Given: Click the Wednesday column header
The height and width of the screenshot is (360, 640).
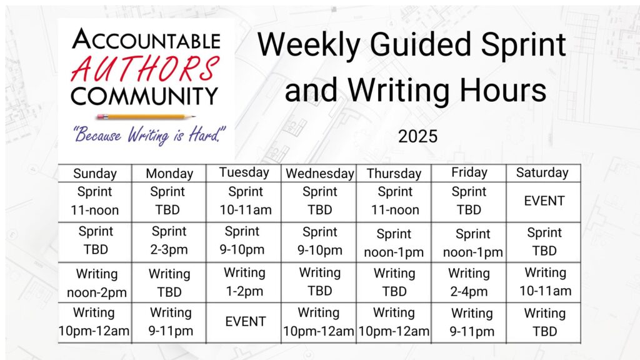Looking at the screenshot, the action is (x=319, y=174).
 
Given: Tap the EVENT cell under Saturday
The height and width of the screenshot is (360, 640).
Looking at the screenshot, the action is (x=544, y=201).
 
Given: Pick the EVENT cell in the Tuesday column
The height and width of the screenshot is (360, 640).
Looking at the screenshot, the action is (x=245, y=322).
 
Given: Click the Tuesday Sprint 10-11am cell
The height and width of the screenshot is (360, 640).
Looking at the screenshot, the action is (x=245, y=201).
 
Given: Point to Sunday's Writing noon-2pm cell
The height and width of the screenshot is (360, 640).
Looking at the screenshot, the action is (x=97, y=283).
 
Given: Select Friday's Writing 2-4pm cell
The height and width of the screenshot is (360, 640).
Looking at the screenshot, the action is (x=469, y=282).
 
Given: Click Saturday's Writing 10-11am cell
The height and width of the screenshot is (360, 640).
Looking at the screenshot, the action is (x=545, y=282).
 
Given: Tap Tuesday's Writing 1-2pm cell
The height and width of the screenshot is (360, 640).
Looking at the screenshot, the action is (x=244, y=282).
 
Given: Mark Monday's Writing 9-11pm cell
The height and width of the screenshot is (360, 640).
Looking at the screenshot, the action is (x=171, y=322).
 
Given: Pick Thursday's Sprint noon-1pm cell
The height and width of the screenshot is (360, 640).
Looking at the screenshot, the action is (x=394, y=243).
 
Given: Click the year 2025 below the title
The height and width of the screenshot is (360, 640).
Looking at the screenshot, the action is (x=417, y=136).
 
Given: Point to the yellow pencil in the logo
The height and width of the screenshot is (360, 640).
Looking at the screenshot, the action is (x=145, y=117).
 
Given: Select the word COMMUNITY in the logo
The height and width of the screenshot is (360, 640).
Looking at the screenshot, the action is (x=144, y=96).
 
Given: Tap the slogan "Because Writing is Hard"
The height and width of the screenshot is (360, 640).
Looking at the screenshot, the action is (x=149, y=134).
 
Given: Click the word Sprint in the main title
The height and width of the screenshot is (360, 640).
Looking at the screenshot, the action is (x=523, y=46).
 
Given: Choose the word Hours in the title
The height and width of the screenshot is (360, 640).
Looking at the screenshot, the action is (x=503, y=90).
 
